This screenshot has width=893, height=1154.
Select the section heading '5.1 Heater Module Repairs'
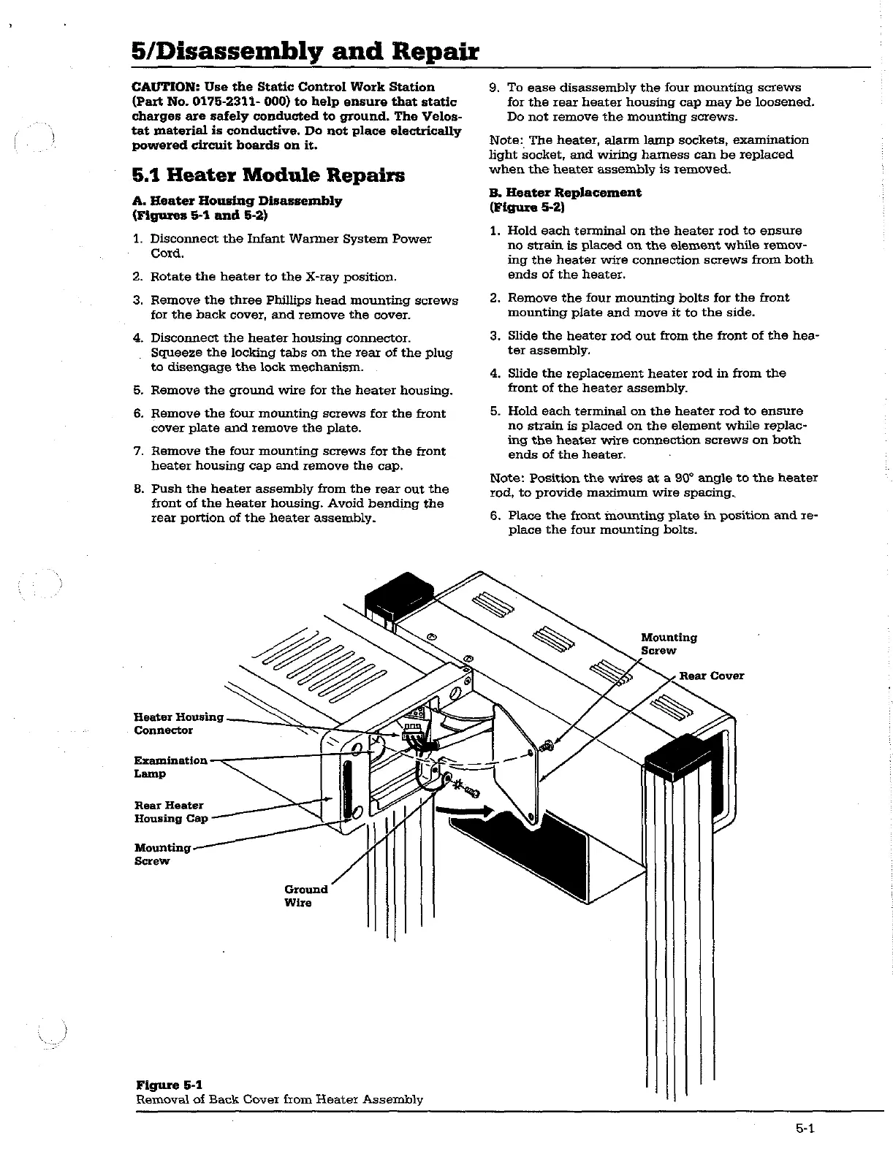point(268,175)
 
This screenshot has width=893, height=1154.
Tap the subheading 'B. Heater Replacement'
point(565,192)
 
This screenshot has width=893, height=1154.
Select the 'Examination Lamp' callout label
point(170,767)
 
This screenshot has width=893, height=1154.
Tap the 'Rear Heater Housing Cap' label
point(170,811)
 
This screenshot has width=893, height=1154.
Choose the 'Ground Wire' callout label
point(305,895)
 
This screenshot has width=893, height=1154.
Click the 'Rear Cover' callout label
point(711,676)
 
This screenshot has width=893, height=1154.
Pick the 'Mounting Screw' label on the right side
point(668,644)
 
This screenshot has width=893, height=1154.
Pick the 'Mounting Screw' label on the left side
point(161,854)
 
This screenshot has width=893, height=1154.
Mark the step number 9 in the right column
point(494,88)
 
